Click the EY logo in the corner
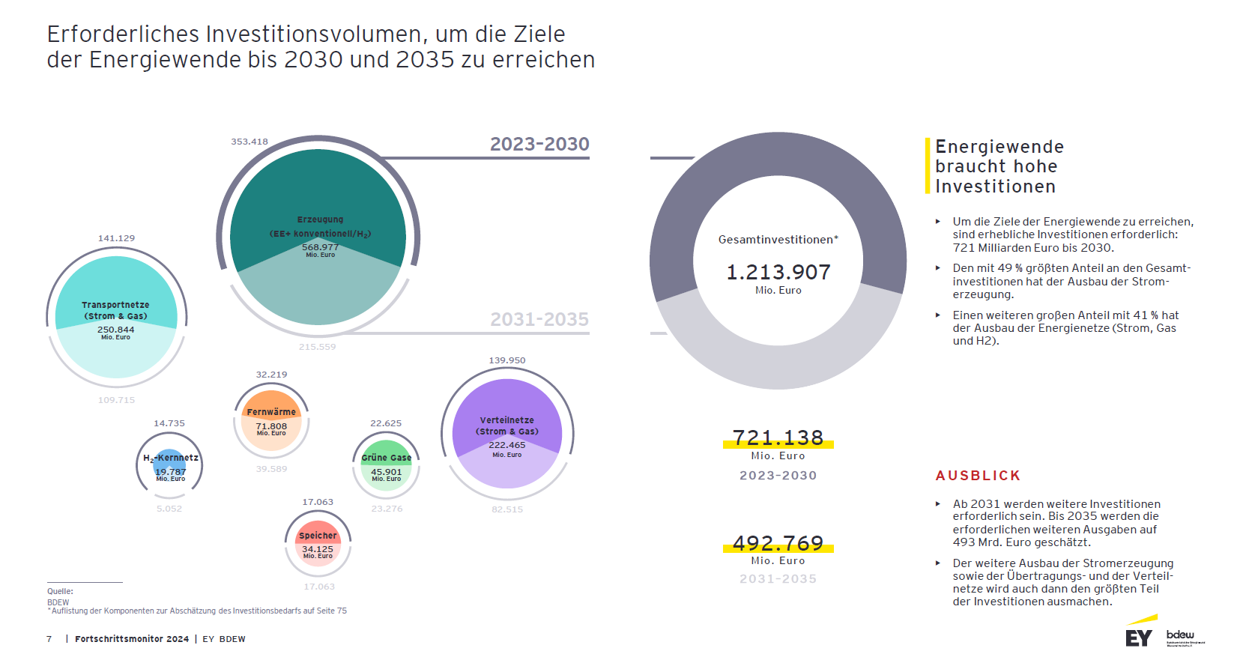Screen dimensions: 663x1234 point(1139,638)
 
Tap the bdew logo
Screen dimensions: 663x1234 point(1182,636)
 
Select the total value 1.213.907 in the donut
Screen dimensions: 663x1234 point(778,272)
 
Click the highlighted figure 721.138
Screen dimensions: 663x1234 point(778,438)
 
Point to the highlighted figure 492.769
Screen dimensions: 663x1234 point(778,543)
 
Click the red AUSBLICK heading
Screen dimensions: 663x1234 point(978,476)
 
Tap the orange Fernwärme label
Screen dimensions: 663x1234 point(271,412)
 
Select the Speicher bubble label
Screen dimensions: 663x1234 point(318,536)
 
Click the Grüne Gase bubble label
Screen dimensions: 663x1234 point(387,458)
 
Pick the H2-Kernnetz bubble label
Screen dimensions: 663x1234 point(171,458)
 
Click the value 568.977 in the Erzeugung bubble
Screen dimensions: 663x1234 point(320,247)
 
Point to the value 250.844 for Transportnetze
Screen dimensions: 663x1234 point(116,330)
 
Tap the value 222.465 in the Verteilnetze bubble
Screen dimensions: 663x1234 point(507,445)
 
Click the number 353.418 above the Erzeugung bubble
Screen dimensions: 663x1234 point(249,142)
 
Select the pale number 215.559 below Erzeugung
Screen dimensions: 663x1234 point(318,347)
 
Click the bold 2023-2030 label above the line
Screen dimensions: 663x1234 point(539,144)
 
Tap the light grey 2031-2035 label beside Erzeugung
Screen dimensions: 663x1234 point(539,320)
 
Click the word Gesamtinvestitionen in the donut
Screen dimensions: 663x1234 point(778,240)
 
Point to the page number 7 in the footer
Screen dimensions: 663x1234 point(49,639)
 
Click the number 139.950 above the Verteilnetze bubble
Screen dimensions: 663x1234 point(507,360)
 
